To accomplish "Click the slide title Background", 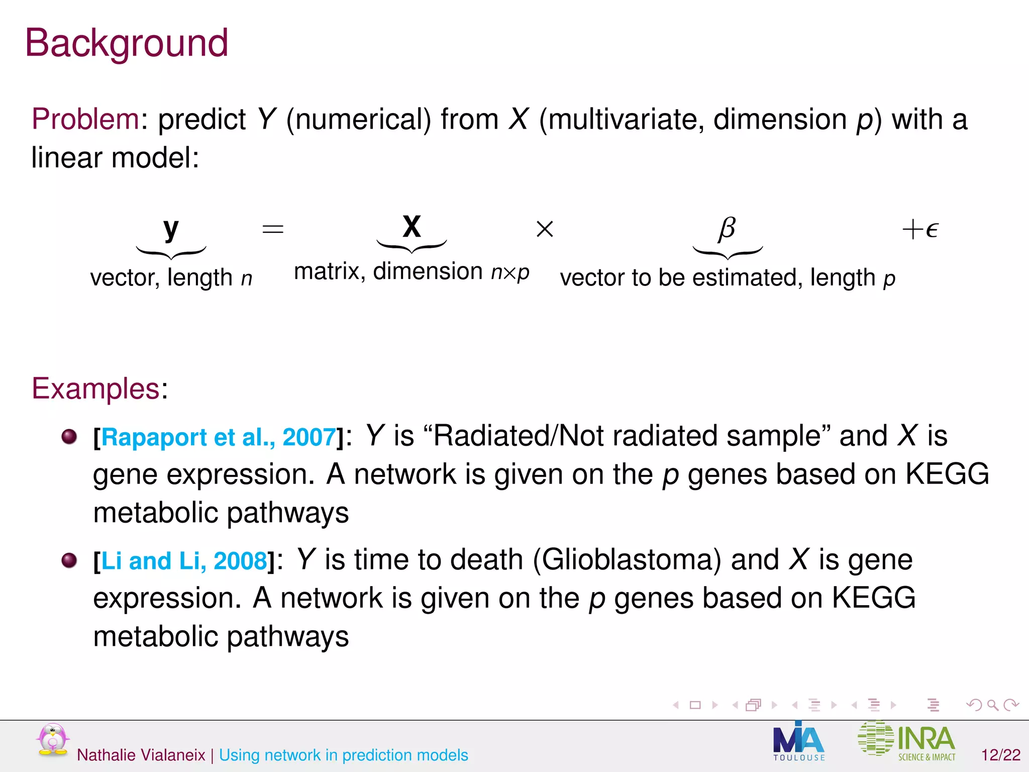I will (x=127, y=43).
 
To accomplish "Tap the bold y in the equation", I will (x=171, y=229).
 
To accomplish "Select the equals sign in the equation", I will (x=273, y=230).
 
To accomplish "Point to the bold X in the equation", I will (x=411, y=227).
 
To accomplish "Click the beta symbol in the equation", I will (x=727, y=229).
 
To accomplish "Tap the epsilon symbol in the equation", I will (x=931, y=230).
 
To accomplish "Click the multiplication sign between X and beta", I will (x=545, y=229).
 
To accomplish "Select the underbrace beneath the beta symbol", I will (x=728, y=252).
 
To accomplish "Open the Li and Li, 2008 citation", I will (x=184, y=561).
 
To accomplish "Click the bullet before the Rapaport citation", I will (x=69, y=436).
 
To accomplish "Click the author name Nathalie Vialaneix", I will (x=141, y=755).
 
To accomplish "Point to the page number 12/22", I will (x=1000, y=755).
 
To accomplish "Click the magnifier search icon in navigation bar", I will (x=992, y=705).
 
